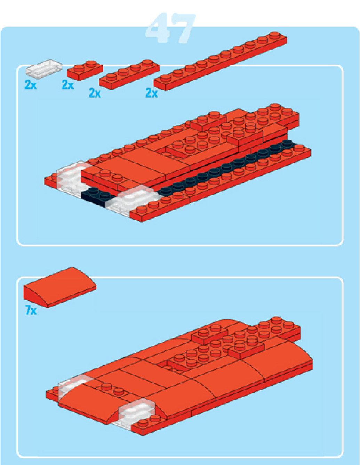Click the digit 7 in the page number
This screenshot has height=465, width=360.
[182, 28]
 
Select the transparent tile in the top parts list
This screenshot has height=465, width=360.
[44, 69]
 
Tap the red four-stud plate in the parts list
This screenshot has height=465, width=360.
[129, 74]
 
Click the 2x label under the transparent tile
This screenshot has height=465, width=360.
[31, 85]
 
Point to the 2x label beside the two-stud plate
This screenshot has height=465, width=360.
[68, 85]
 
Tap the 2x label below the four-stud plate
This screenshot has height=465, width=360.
[95, 93]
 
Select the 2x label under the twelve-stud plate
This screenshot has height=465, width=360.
[151, 93]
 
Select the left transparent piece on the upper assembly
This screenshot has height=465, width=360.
[72, 178]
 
